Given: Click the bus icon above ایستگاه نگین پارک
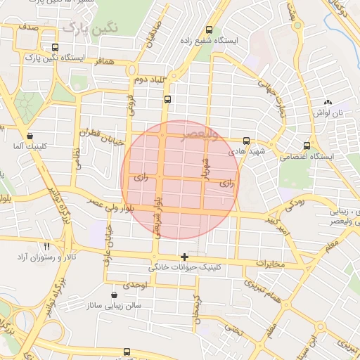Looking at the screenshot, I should click(x=55, y=48).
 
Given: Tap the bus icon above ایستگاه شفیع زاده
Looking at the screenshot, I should click(x=208, y=30).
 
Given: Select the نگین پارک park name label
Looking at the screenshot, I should click(x=89, y=27).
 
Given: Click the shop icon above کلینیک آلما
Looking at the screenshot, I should click(x=29, y=136).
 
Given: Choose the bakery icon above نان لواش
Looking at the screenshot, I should click(x=327, y=103).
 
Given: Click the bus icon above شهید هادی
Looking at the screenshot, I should click(x=246, y=140).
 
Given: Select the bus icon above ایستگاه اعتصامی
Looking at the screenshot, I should click(x=307, y=146).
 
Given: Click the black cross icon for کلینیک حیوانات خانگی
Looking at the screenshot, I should click(x=184, y=257).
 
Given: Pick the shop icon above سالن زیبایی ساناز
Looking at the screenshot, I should click(x=114, y=295).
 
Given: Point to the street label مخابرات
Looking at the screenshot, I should click(x=269, y=264).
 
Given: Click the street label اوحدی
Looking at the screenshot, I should click(x=134, y=285).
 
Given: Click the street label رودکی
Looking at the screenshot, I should click(x=294, y=205).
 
